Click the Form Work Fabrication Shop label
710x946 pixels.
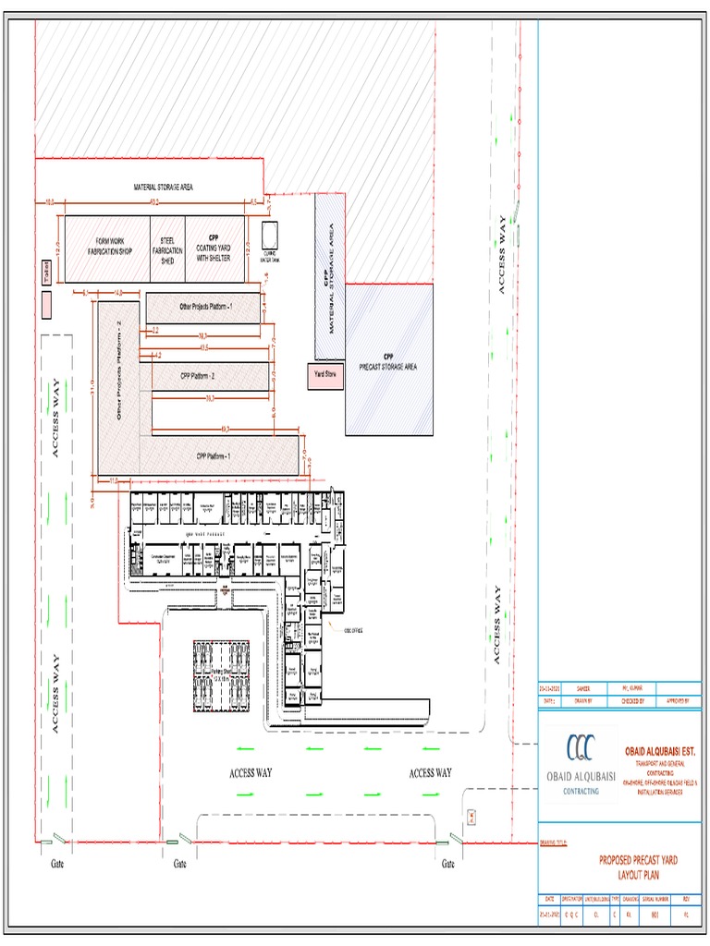[109, 248]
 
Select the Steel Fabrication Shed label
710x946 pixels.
[167, 250]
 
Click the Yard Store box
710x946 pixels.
[324, 374]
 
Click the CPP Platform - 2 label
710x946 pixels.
[197, 376]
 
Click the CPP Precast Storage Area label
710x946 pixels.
[389, 361]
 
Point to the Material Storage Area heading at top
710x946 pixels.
[163, 188]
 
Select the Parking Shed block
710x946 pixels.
[222, 676]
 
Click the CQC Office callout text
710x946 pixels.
[353, 630]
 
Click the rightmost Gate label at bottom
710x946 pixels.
[447, 864]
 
